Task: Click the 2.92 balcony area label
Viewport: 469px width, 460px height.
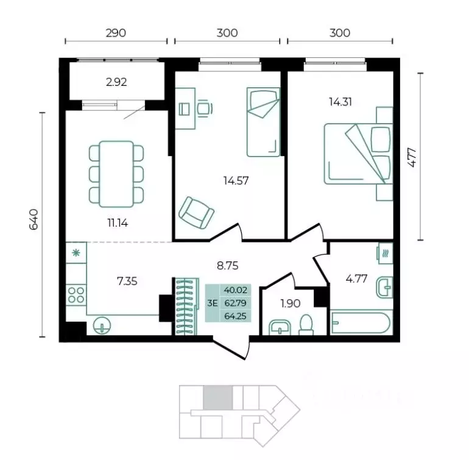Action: (x=116, y=82)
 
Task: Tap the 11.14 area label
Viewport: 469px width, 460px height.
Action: (x=118, y=222)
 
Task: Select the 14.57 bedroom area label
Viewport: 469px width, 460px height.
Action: (x=236, y=180)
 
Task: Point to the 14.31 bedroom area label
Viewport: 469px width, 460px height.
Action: (x=340, y=102)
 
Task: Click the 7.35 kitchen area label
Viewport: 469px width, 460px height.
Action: (x=127, y=281)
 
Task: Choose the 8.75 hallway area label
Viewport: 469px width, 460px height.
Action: (x=228, y=266)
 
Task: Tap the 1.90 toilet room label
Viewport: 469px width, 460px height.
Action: (x=291, y=303)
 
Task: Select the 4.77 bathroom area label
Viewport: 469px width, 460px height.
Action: (x=356, y=279)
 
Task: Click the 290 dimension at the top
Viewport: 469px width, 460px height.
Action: (x=116, y=33)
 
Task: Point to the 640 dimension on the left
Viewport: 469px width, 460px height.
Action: (x=33, y=219)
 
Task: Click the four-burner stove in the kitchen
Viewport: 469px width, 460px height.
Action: (x=76, y=294)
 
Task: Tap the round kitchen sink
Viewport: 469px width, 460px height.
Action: (x=102, y=325)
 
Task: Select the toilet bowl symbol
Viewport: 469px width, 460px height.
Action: (x=306, y=325)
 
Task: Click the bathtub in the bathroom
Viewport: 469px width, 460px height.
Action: (x=361, y=323)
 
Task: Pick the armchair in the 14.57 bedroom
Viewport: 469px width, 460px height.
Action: (x=196, y=213)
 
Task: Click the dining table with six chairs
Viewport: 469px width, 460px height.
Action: (x=116, y=174)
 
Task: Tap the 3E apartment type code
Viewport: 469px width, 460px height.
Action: (x=213, y=303)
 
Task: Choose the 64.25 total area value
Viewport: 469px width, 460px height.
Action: (x=235, y=316)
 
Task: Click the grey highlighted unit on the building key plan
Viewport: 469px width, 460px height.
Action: (x=218, y=397)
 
